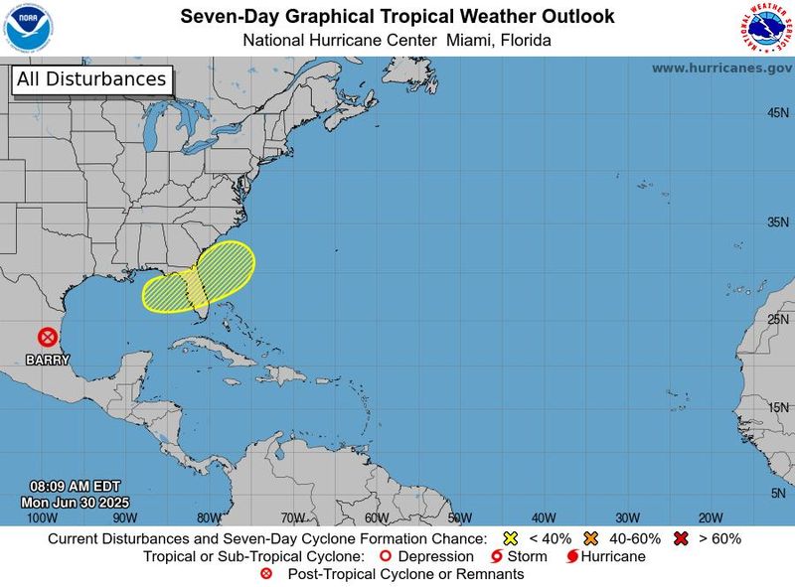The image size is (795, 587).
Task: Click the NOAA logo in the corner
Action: point(28,27)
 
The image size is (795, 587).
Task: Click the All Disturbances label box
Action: point(91,79)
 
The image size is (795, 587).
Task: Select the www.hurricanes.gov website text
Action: point(721,68)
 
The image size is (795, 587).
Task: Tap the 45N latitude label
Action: point(777,113)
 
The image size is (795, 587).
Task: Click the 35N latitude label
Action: point(777,222)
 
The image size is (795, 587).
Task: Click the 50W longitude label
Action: point(459,517)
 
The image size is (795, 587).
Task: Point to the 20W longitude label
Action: point(710,517)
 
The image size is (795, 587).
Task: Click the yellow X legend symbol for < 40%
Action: point(512,538)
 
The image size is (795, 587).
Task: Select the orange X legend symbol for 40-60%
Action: point(592,538)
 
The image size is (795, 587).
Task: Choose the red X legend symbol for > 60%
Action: point(681,538)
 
